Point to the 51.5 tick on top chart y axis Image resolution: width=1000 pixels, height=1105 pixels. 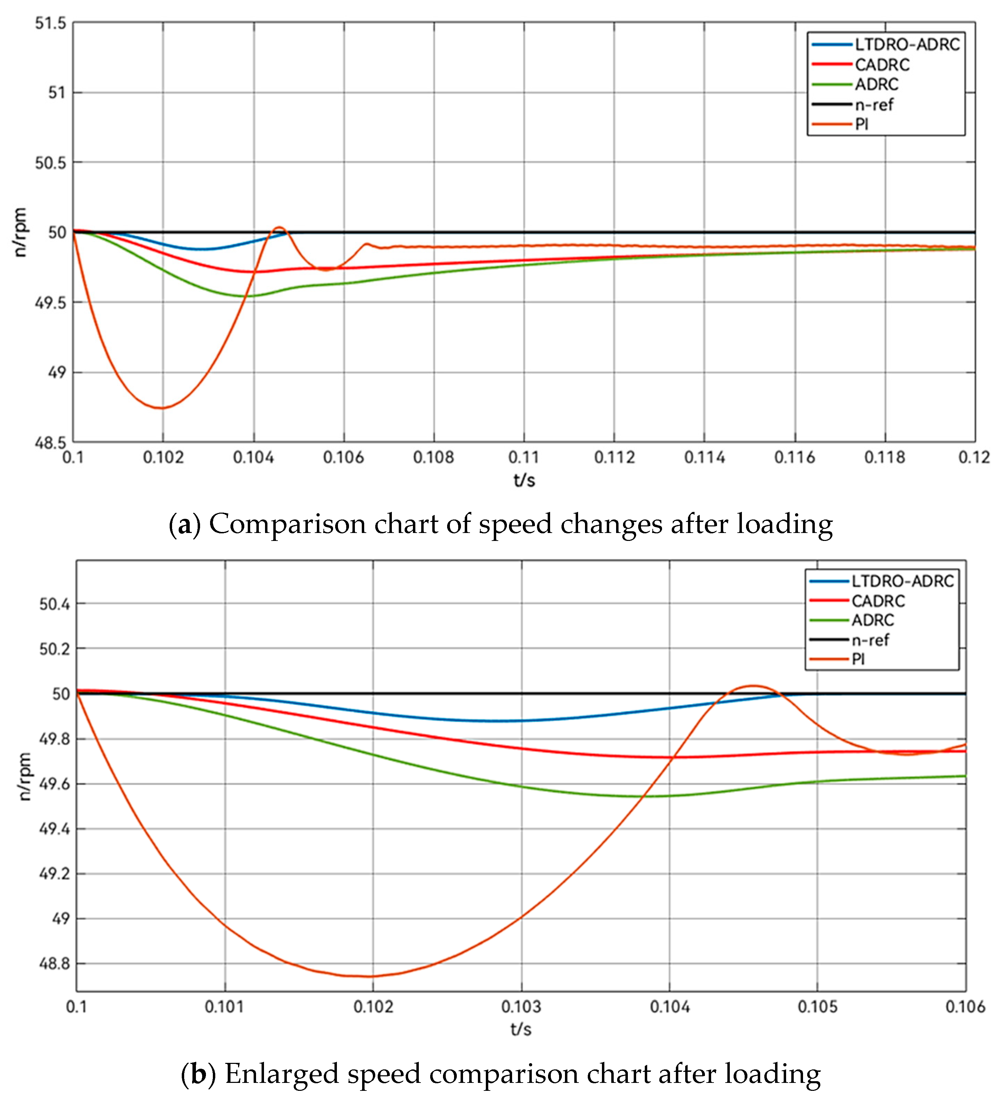click(x=50, y=23)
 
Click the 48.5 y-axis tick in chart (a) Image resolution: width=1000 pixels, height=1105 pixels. click(x=50, y=442)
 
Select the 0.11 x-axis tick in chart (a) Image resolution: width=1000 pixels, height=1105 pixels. click(x=523, y=457)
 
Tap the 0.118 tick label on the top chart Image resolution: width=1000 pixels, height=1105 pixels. click(x=884, y=457)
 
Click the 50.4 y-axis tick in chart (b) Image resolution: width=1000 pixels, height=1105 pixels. click(x=54, y=604)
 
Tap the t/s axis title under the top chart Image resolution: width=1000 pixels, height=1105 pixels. click(x=523, y=480)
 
